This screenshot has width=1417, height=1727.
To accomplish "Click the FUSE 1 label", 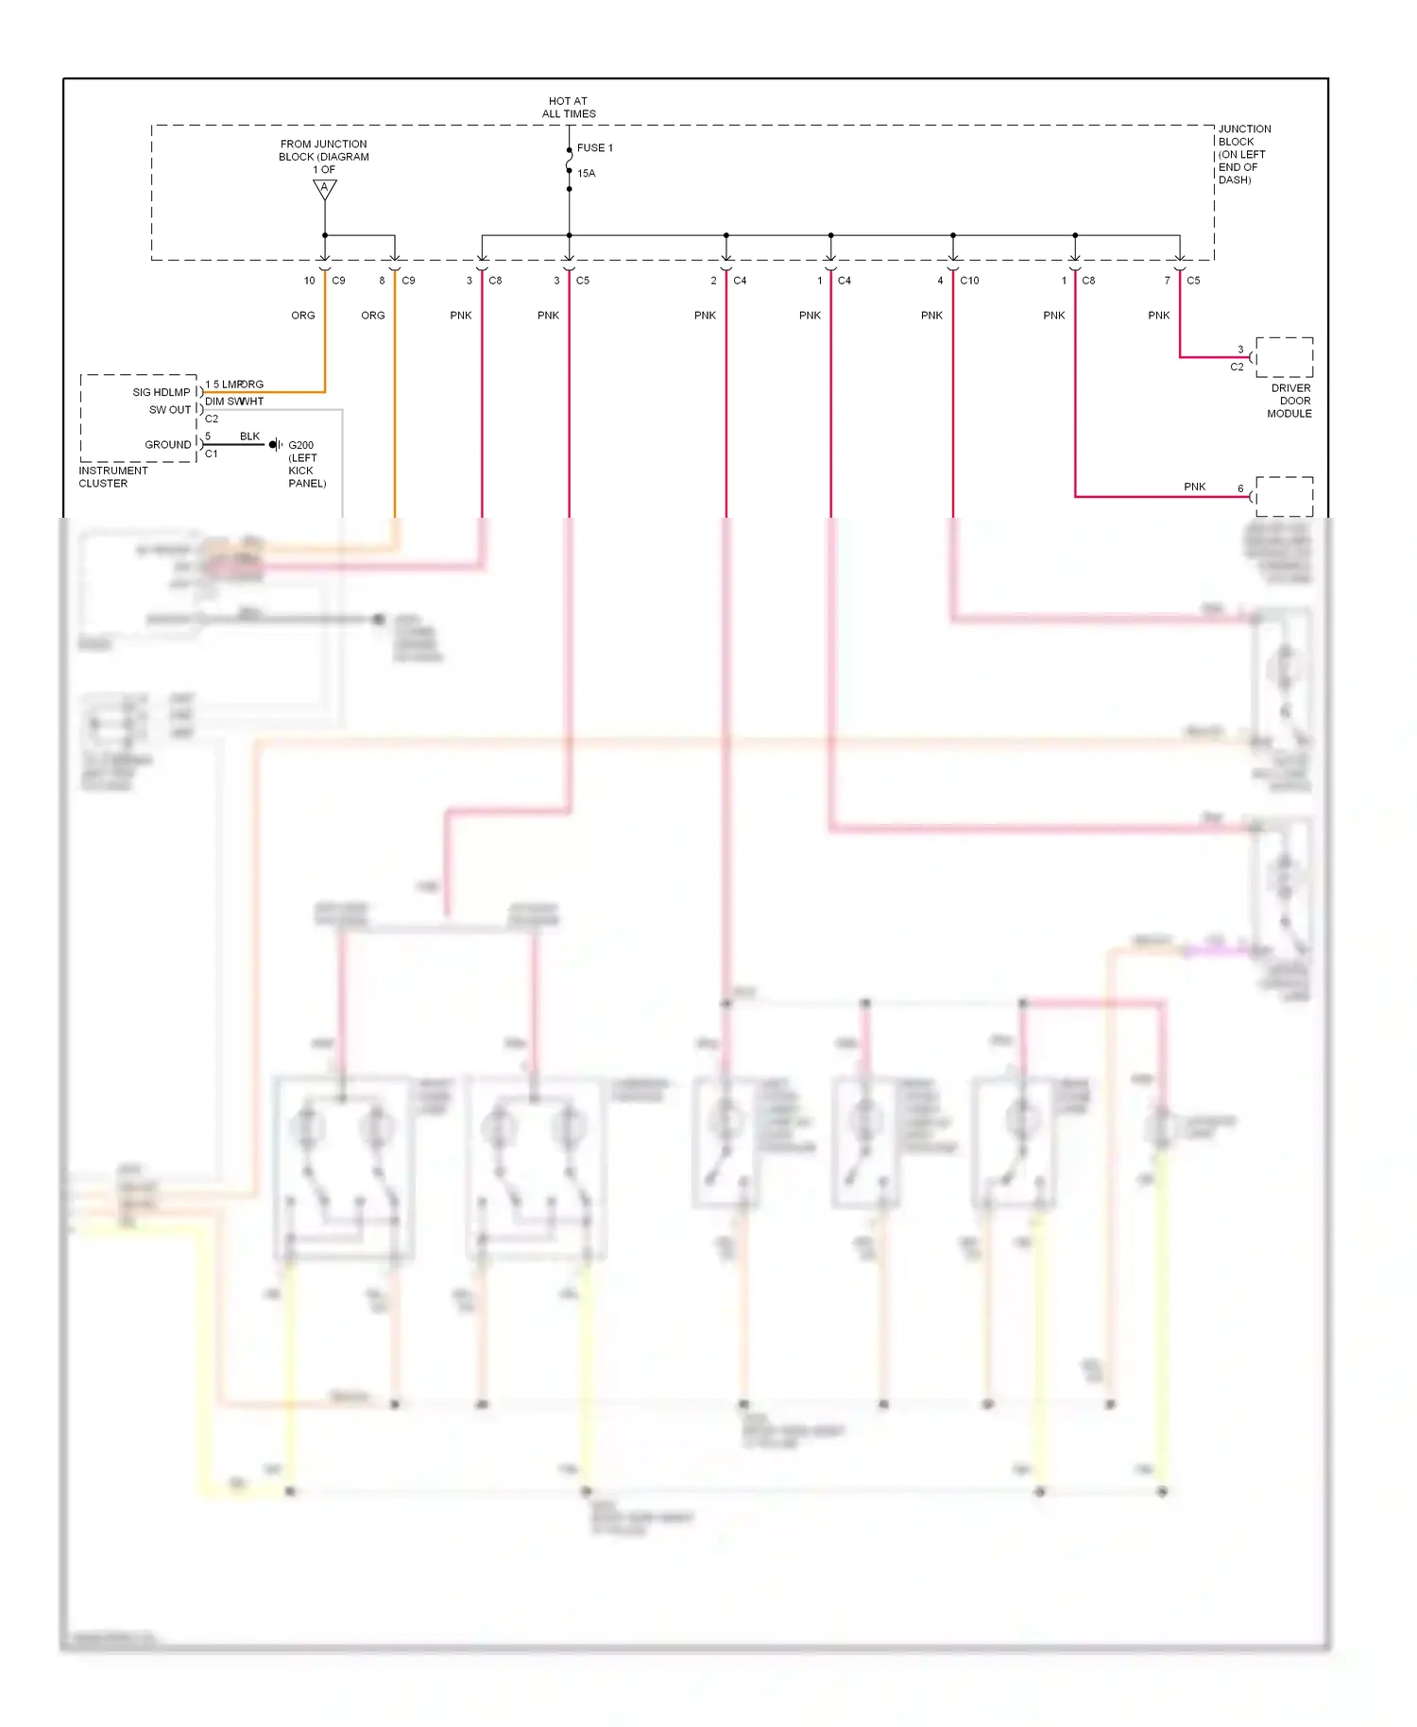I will point(594,148).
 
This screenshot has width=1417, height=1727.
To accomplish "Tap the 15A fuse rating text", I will point(586,174).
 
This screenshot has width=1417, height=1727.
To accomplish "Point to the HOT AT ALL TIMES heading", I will point(568,108).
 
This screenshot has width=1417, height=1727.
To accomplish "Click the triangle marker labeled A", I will point(324,189).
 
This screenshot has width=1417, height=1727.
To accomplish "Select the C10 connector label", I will point(969,281).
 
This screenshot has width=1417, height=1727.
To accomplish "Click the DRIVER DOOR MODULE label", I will point(1289,401).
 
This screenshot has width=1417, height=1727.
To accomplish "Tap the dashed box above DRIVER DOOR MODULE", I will point(1284,357).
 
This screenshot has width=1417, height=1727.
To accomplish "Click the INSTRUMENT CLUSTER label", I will point(112,477).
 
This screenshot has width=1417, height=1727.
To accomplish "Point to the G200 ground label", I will point(300,445).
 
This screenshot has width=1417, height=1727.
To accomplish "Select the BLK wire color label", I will point(249,436).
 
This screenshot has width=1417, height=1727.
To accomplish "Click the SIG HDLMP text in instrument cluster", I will point(161,393).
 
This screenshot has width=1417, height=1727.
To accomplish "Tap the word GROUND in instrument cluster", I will point(167,445).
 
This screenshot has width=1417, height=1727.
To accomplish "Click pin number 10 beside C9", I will point(309,281).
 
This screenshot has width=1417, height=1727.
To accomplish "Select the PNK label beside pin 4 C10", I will point(931,316).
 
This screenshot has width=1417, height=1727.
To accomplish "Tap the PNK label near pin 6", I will point(1194,487).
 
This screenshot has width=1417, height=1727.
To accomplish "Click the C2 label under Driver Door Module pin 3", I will point(1237,368).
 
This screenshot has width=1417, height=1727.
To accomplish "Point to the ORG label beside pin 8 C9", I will point(372,316).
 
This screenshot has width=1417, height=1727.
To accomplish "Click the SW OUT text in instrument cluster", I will point(170,410).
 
